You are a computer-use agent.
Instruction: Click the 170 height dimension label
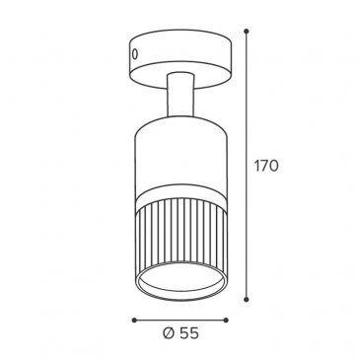pos(266,166)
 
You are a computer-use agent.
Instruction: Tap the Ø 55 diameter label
pos(180,333)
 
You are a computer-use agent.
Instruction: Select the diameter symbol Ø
pos(168,333)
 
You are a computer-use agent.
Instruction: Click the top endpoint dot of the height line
pos(246,32)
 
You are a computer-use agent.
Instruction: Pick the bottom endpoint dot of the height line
pos(246,300)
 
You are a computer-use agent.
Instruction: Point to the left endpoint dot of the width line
pos(134,320)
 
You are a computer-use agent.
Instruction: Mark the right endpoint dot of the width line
pos(226,320)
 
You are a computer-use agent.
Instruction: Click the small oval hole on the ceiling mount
pos(135,54)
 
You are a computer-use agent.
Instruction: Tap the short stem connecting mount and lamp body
pos(180,95)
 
